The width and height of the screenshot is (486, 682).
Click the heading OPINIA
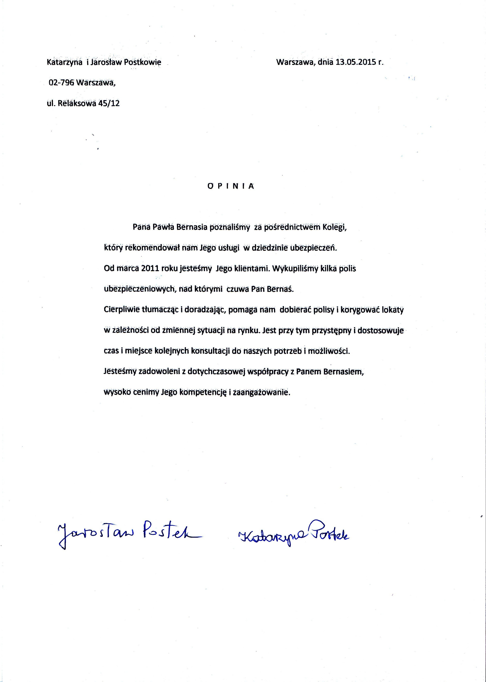tap(231, 186)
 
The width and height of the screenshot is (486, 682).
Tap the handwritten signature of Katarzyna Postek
tap(293, 535)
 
